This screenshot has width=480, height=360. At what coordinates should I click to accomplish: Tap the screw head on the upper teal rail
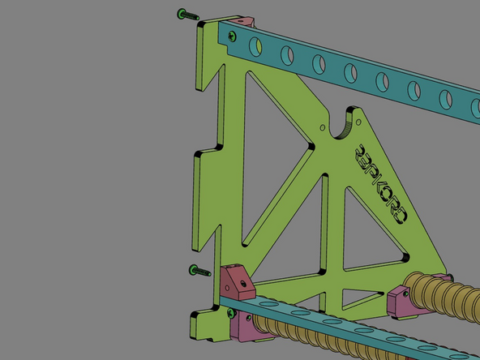point(234,35)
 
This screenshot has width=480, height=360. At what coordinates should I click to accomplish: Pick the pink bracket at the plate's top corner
point(246,20)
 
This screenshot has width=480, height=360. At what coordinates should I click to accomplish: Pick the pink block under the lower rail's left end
point(243,329)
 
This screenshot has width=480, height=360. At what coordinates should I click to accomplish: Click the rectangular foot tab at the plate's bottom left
point(206,324)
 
